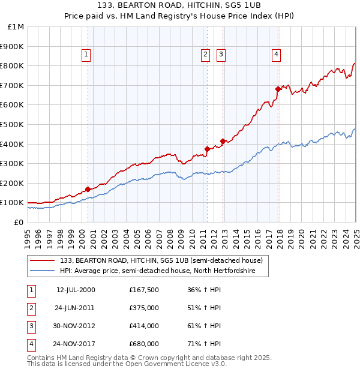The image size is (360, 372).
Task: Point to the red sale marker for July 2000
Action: pyautogui.click(x=88, y=189)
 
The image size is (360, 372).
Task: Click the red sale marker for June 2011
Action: pyautogui.click(x=207, y=149)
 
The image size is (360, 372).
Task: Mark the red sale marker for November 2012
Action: pyautogui.click(x=223, y=141)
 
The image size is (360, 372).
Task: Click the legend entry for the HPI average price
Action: pyautogui.click(x=158, y=271)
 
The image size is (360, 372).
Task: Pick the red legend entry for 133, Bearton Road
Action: pyautogui.click(x=161, y=260)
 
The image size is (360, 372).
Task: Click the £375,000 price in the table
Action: pyautogui.click(x=144, y=308)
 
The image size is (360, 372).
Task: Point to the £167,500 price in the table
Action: pyautogui.click(x=144, y=290)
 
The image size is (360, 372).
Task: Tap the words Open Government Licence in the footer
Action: pyautogui.click(x=180, y=364)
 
